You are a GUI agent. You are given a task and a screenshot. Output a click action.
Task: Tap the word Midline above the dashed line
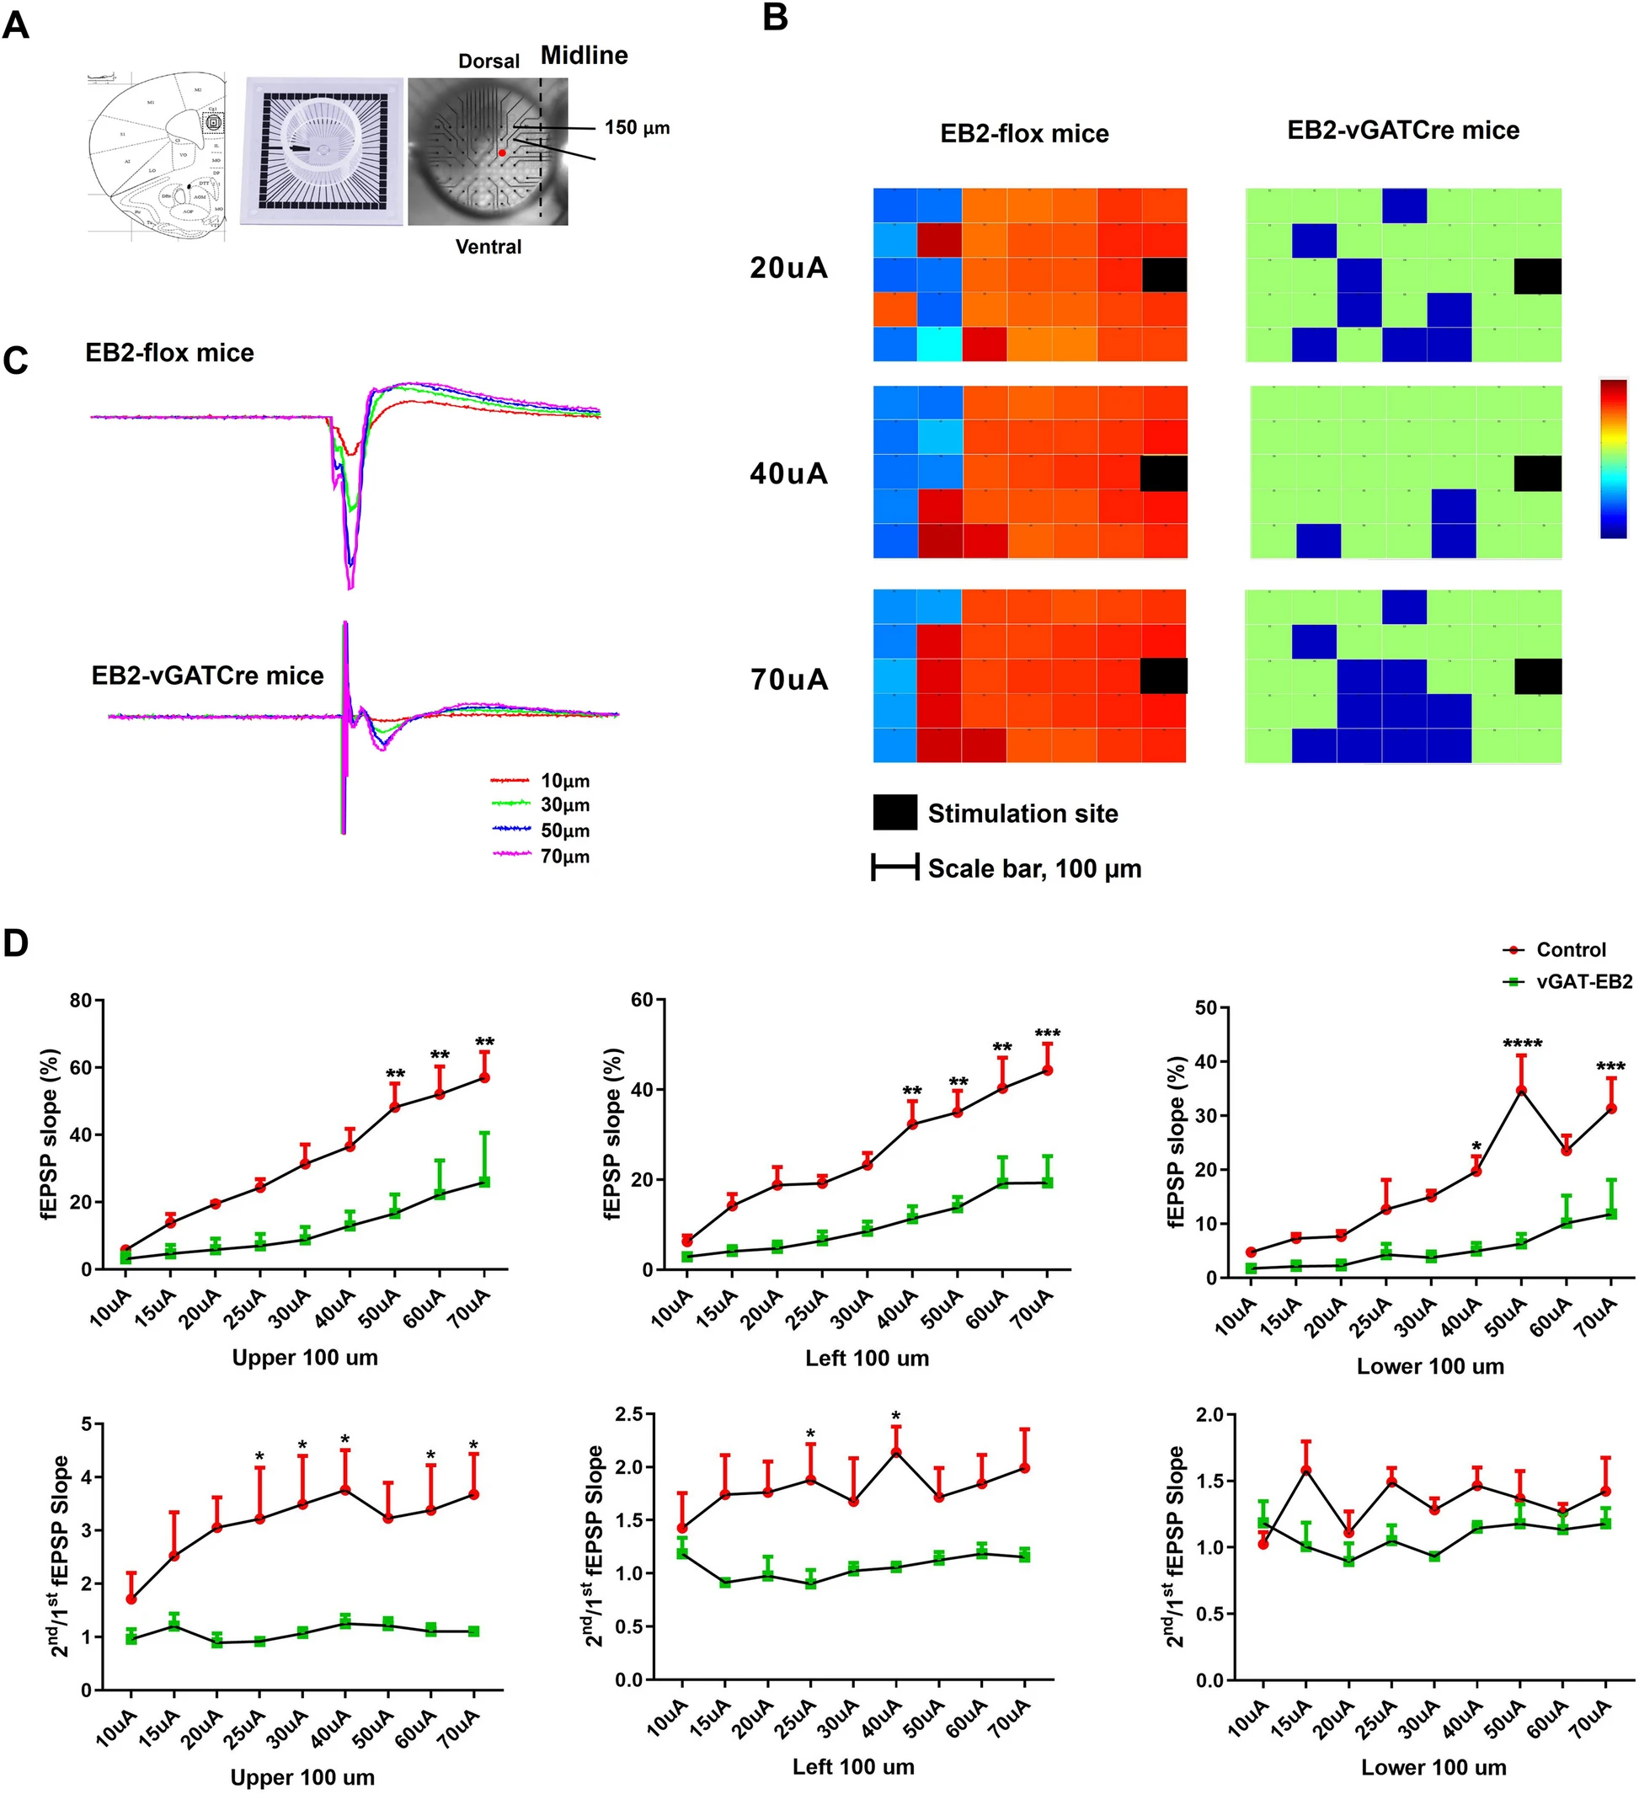(584, 56)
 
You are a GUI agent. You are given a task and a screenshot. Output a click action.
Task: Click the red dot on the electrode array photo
(502, 153)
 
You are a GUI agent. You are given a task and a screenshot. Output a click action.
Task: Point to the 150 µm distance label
(637, 128)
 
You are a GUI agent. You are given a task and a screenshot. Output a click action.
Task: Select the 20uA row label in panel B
(788, 268)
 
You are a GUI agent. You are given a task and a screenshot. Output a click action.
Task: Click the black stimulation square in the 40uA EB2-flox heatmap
(1164, 473)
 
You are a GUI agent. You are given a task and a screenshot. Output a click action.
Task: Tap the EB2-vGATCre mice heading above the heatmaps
(1403, 130)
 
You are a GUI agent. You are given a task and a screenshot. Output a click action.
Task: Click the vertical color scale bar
(1613, 459)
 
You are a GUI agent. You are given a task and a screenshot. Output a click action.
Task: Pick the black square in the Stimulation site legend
(895, 813)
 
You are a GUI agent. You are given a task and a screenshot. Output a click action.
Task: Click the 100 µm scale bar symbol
(895, 868)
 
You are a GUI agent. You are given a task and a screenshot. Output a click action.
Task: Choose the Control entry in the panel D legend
(1570, 949)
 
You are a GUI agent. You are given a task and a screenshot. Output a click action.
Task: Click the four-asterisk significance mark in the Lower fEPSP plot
(1522, 1044)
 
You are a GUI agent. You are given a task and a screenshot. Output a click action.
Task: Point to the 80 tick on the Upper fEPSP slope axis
(82, 1001)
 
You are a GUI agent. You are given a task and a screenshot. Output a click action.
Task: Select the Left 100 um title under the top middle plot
(867, 1358)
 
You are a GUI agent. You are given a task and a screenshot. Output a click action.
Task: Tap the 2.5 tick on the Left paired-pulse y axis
(628, 1414)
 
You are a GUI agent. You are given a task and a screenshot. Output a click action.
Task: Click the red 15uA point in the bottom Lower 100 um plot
(1306, 1470)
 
